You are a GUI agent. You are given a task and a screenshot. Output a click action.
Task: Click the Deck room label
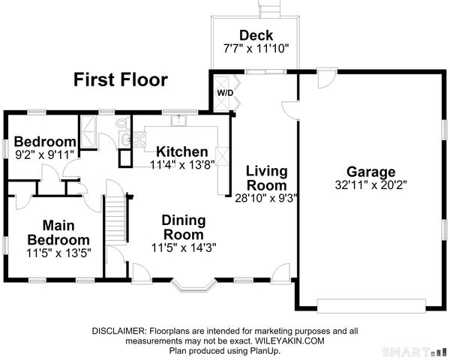tap(256, 35)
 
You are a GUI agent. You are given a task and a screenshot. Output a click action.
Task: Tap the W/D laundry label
tap(225, 93)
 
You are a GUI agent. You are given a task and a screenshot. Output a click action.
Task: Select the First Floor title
tap(121, 79)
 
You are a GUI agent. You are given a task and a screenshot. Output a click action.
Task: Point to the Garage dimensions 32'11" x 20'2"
tap(371, 185)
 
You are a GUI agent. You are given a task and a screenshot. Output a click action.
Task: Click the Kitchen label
tap(182, 151)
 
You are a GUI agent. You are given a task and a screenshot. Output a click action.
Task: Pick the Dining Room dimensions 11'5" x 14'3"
tap(184, 247)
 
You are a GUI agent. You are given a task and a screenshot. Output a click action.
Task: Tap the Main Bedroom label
tap(58, 232)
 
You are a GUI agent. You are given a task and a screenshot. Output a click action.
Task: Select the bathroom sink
tap(125, 139)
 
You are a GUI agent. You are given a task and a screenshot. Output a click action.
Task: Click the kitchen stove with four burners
tap(139, 139)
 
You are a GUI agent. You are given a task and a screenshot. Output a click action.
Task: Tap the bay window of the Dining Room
tap(193, 285)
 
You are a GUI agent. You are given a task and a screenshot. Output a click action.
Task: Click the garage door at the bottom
tap(371, 305)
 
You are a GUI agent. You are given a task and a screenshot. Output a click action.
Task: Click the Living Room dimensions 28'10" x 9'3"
tap(265, 198)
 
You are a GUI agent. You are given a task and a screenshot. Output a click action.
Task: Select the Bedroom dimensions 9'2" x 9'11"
tap(45, 155)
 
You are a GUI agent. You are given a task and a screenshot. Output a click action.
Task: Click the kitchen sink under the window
tap(178, 120)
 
